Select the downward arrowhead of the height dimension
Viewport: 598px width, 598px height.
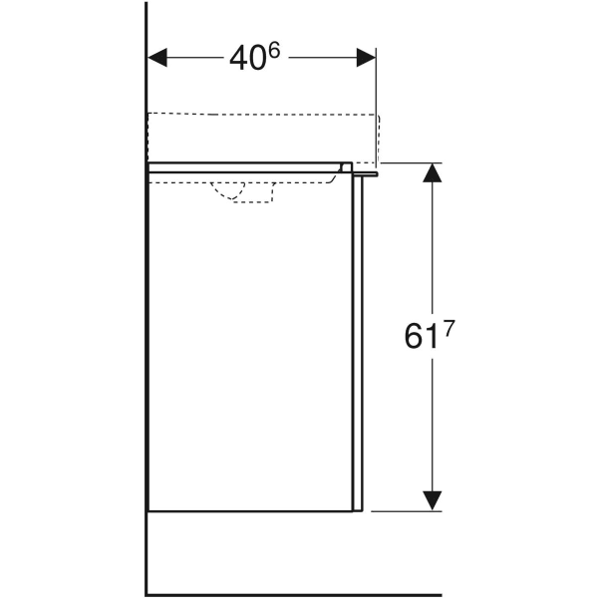[x=431, y=498]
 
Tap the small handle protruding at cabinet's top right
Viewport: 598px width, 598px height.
[x=371, y=172]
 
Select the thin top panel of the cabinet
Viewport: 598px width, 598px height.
[x=244, y=166]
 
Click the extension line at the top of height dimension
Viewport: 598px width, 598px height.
[x=409, y=163]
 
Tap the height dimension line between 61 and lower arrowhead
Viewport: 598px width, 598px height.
[x=431, y=429]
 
